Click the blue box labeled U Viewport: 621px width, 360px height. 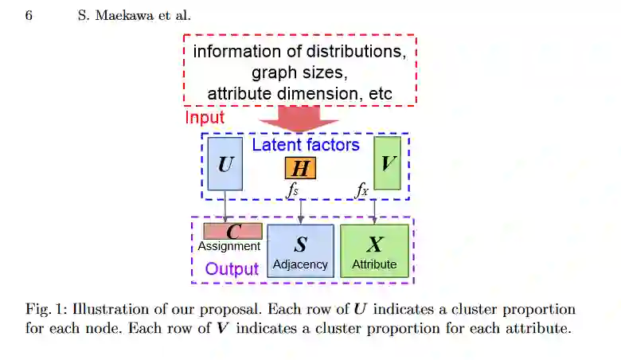[225, 164]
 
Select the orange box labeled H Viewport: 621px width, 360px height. [300, 168]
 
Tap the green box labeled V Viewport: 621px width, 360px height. [388, 164]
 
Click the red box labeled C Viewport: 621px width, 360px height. [232, 231]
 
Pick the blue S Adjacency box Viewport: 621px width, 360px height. [300, 251]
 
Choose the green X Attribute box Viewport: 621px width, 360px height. [374, 251]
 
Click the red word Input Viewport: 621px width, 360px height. [205, 118]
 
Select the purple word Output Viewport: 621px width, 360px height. [232, 268]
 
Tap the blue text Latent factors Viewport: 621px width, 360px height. [306, 145]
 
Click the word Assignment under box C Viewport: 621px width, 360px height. [229, 246]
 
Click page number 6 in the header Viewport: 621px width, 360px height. [29, 15]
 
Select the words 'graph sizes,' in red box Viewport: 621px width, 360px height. [299, 73]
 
